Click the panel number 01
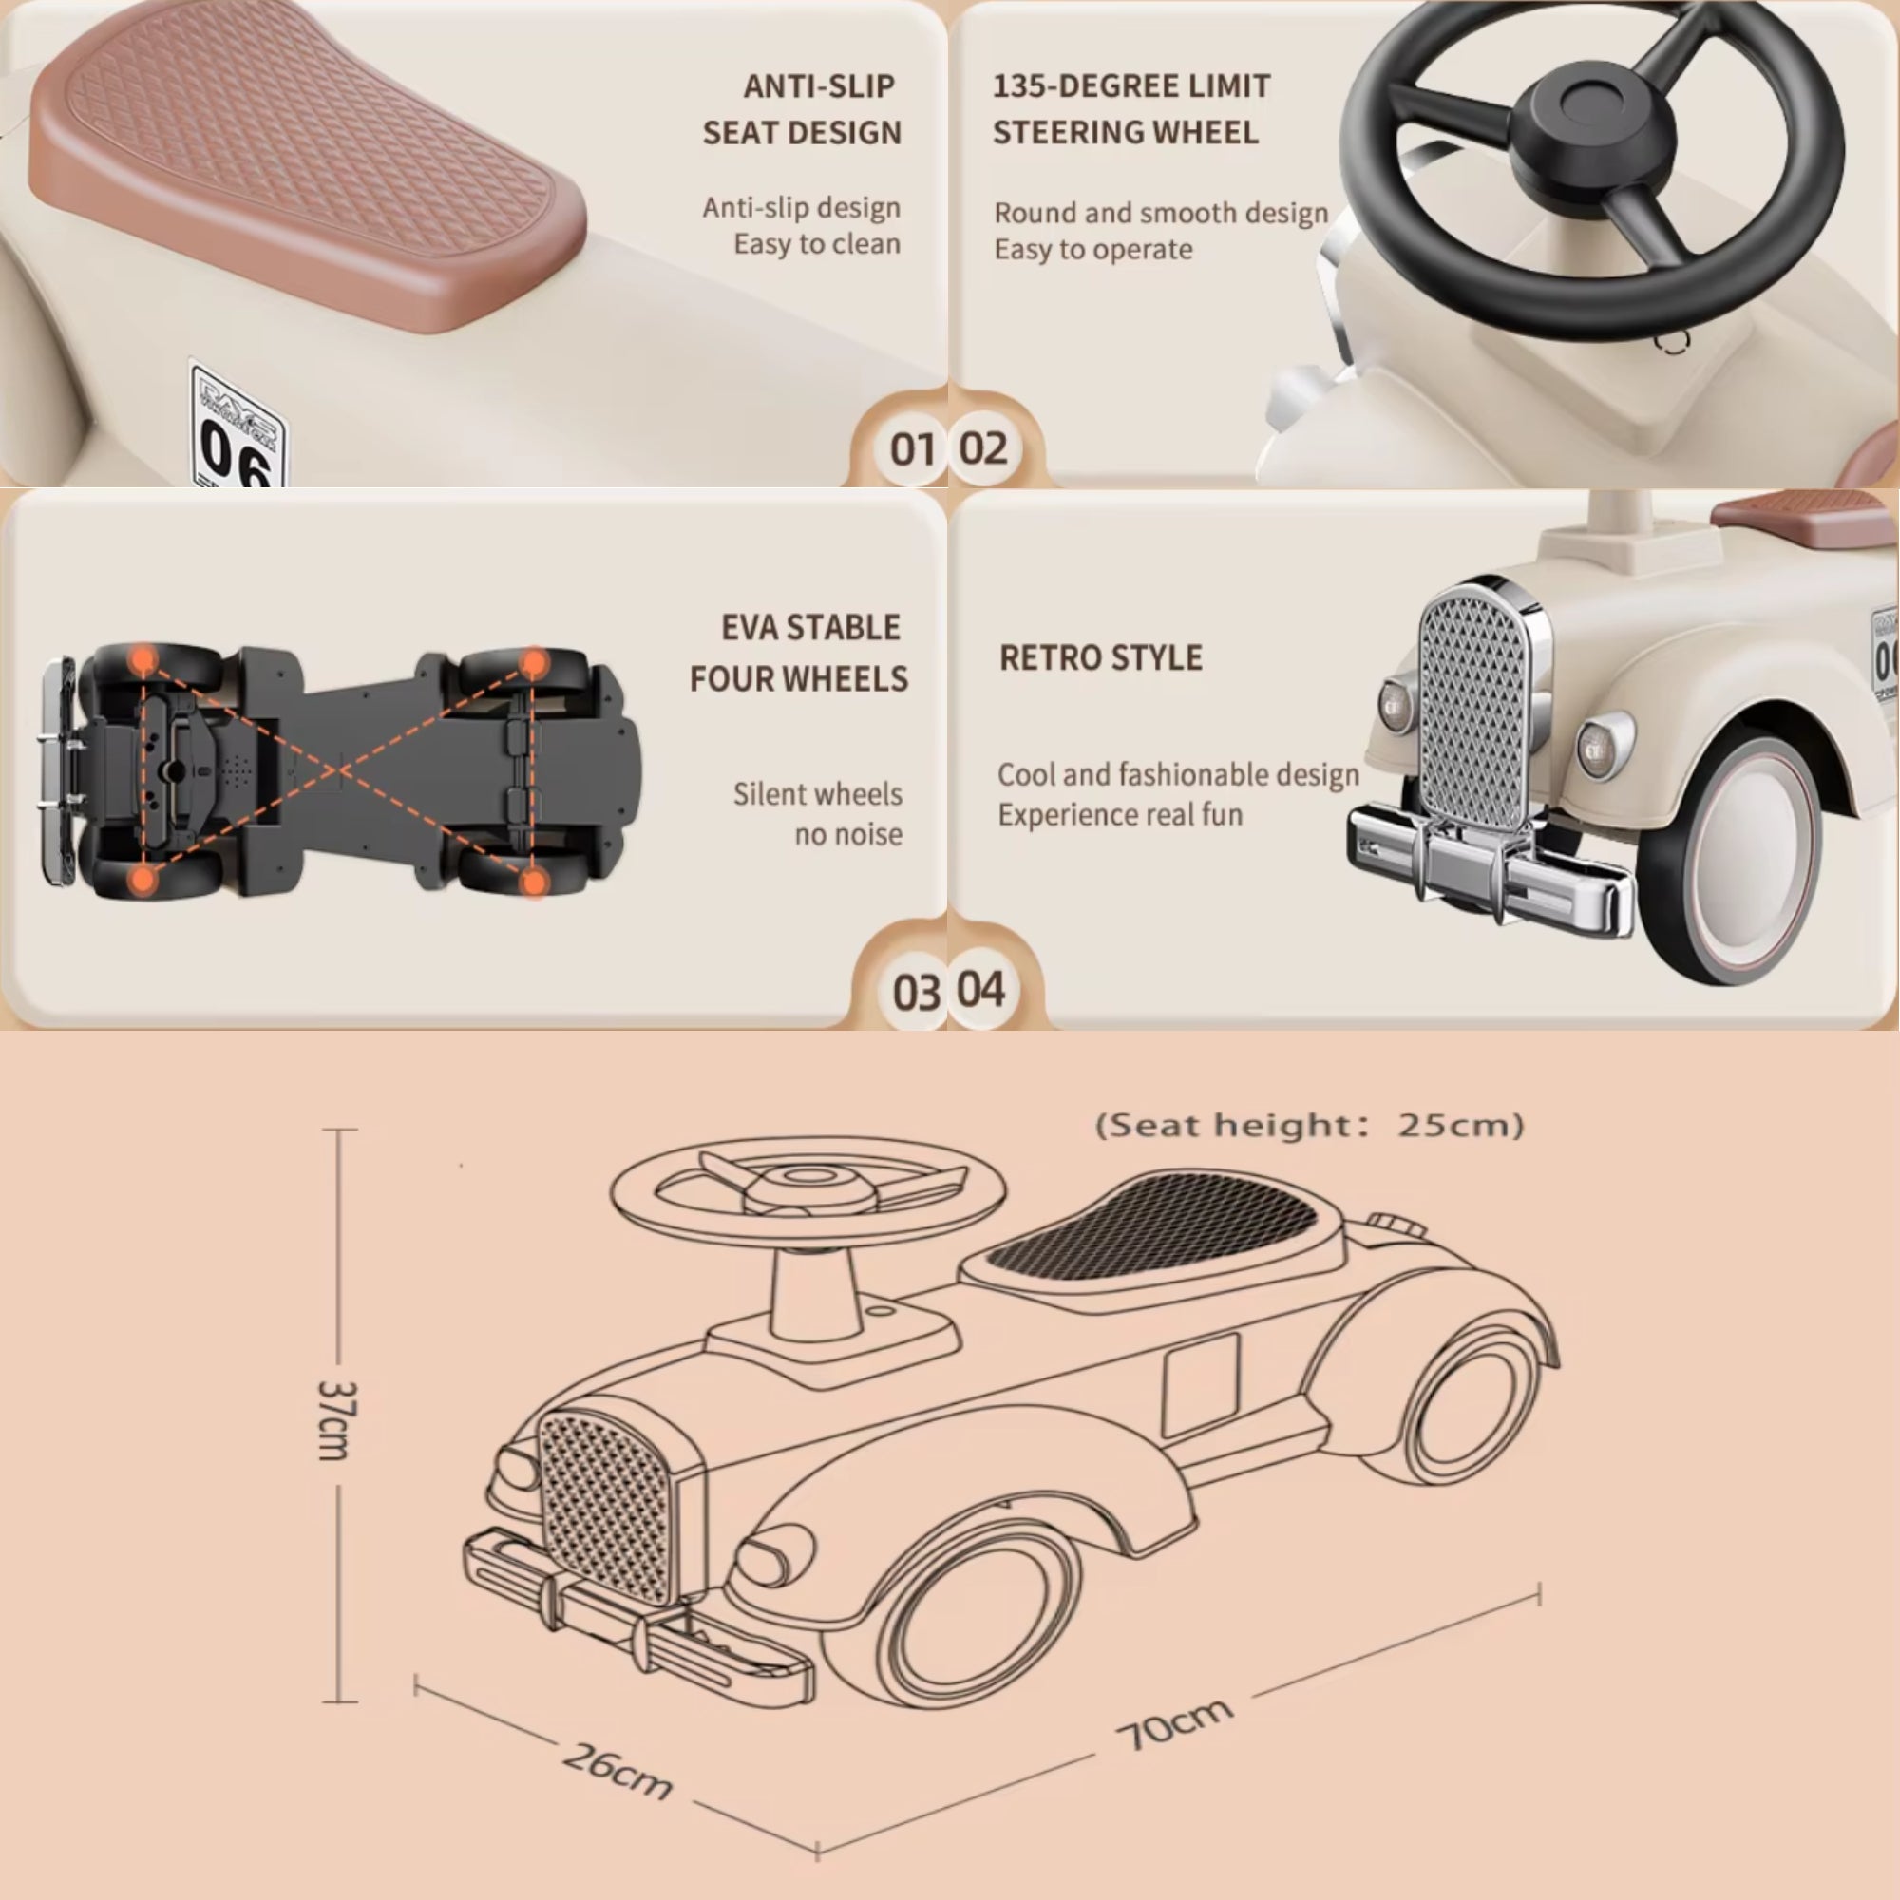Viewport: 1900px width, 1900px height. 912,449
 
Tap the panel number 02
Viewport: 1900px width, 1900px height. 982,448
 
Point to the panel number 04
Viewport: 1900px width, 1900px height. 980,989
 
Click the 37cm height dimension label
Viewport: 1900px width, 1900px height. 337,1420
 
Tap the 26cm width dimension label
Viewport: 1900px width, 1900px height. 617,1771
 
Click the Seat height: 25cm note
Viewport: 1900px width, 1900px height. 1309,1125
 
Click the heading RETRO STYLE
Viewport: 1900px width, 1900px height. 1100,658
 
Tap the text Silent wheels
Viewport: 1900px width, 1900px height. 816,794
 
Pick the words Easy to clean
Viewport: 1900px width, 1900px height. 816,244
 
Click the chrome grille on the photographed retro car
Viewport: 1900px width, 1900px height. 1472,708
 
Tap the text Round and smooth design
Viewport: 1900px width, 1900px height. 1161,213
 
